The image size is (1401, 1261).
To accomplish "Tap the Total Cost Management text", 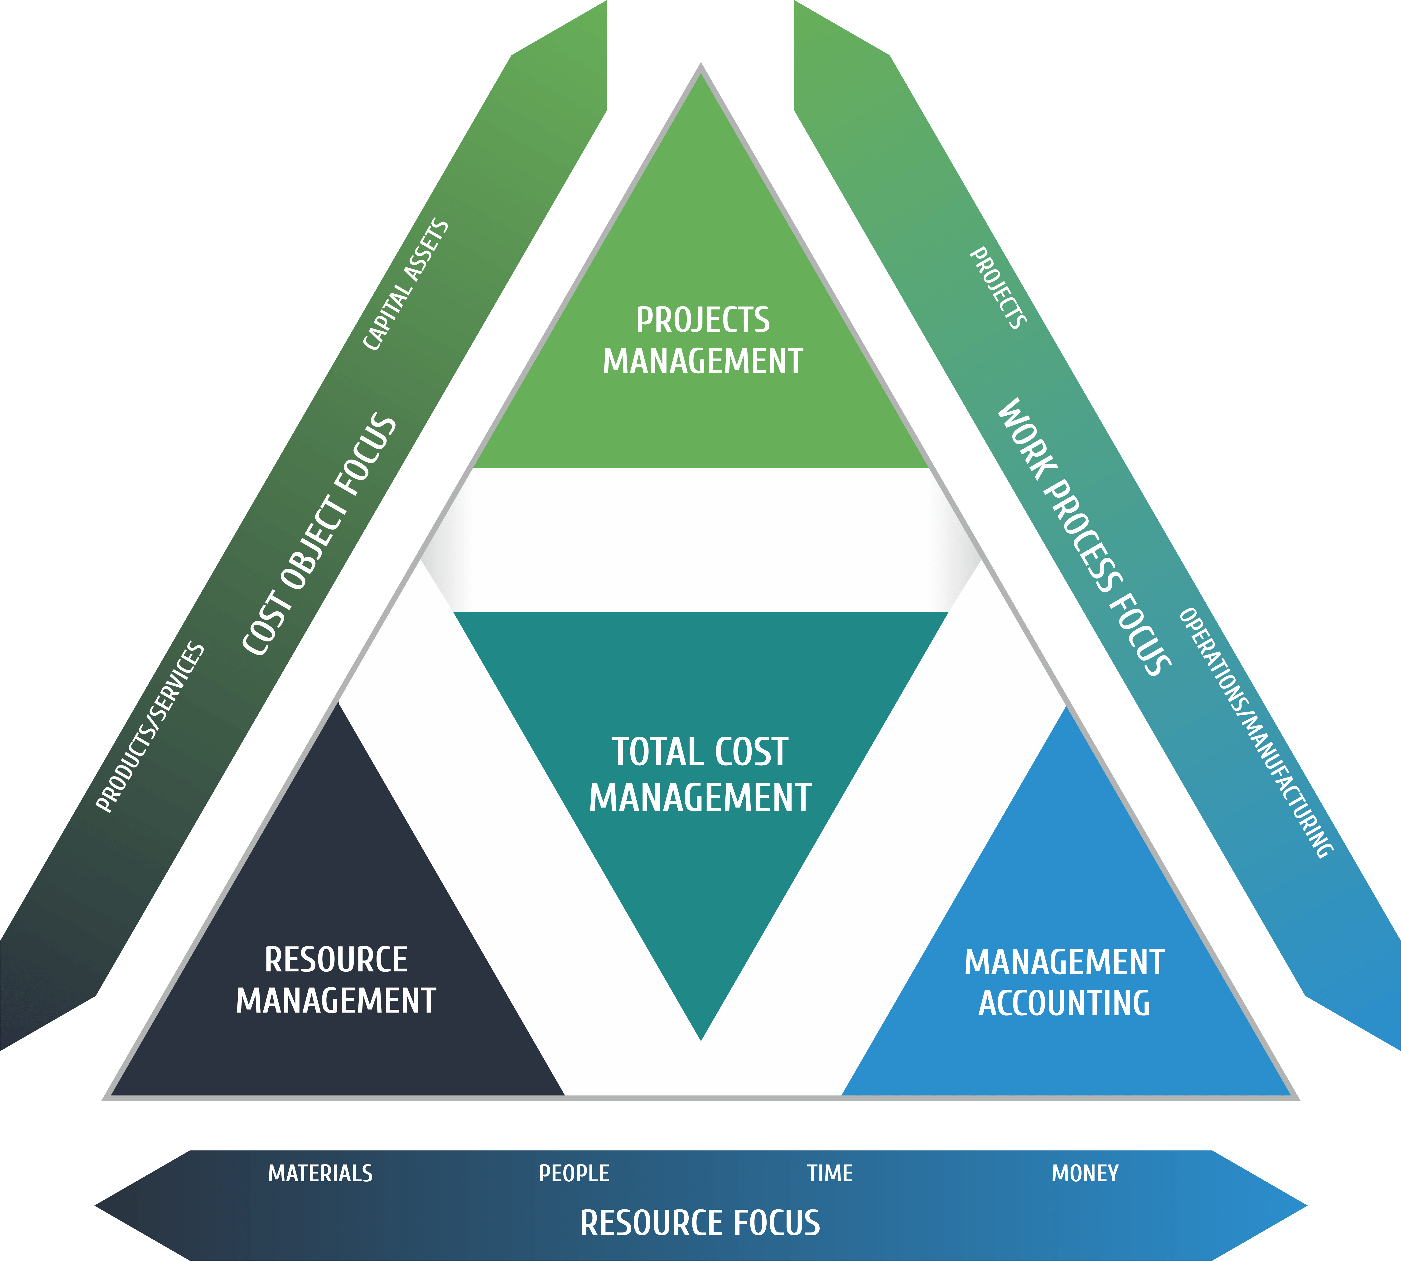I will point(700,775).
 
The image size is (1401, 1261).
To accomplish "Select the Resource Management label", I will point(336,980).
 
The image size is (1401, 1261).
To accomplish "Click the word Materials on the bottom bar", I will point(320,1173).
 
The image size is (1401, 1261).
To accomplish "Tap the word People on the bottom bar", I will point(574,1173).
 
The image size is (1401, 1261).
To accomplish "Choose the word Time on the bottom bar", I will point(830,1173).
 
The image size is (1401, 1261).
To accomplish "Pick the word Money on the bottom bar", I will point(1085,1173).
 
